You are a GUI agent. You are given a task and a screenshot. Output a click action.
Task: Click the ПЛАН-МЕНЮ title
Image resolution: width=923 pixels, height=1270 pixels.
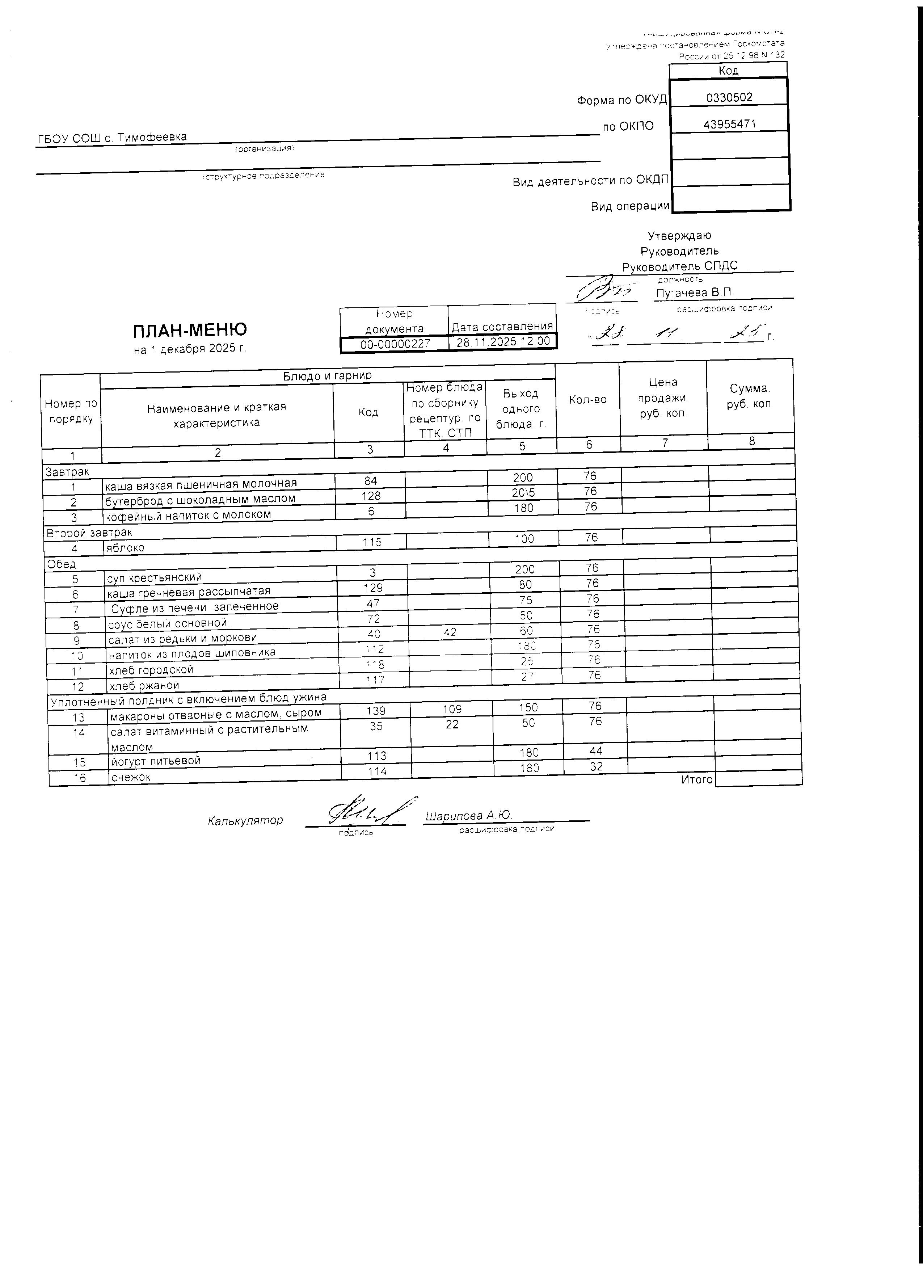click(x=190, y=331)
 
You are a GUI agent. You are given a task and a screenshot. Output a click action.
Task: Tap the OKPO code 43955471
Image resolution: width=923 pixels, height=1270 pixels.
click(x=729, y=124)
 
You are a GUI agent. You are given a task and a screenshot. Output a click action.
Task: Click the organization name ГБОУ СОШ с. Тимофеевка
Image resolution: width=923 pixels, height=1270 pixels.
click(x=112, y=137)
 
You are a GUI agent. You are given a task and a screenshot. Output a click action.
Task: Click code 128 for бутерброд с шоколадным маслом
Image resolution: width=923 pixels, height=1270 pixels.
click(x=371, y=496)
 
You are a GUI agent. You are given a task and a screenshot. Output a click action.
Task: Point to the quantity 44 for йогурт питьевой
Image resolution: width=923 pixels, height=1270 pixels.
click(x=595, y=751)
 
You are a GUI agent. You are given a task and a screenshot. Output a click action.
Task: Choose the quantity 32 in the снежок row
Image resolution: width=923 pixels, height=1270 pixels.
click(x=596, y=766)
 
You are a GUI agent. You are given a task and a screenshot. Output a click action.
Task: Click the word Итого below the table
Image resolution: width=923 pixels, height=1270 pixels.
click(x=696, y=779)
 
